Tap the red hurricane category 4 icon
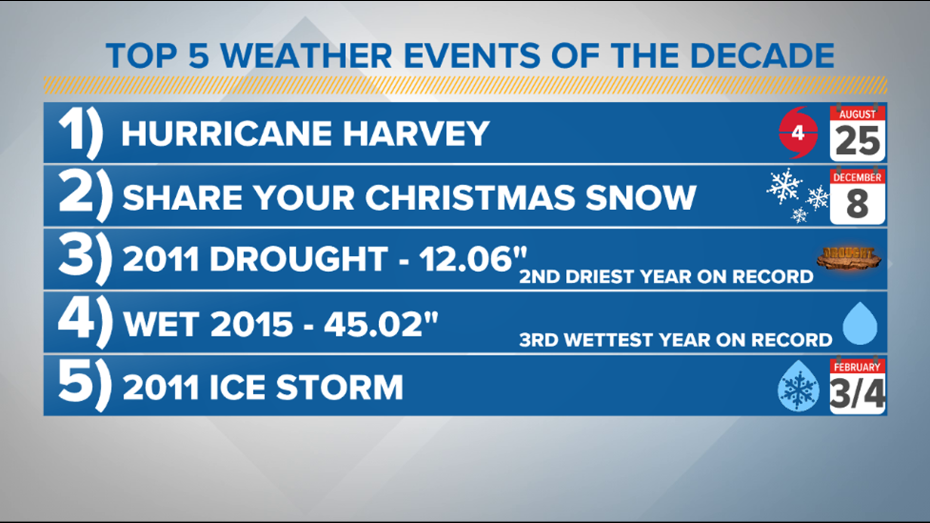(798, 133)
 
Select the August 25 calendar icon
(857, 134)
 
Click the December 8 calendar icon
(857, 196)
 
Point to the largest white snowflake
(784, 186)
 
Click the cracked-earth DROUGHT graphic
(849, 258)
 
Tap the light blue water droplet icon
(860, 323)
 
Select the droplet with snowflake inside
(798, 386)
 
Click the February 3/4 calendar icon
(857, 386)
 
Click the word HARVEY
(417, 134)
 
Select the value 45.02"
(381, 324)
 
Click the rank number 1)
(80, 133)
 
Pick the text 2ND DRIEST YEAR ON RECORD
(666, 277)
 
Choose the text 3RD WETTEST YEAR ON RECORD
(675, 340)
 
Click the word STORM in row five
(340, 387)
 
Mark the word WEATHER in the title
(307, 56)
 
